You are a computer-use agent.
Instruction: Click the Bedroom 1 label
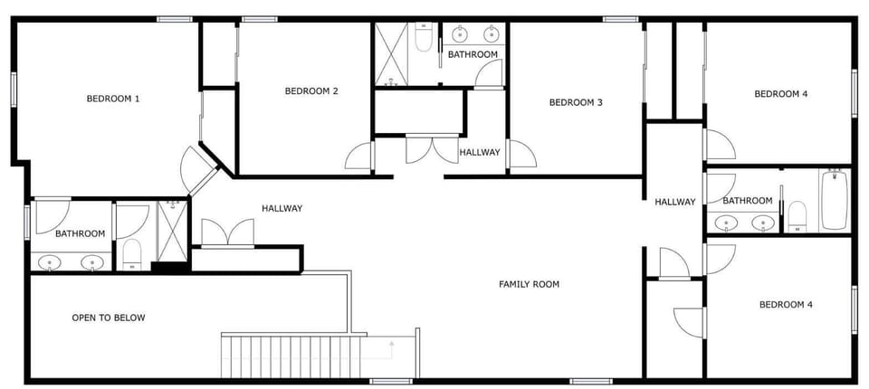pos(113,99)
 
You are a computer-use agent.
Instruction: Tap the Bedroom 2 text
pos(311,90)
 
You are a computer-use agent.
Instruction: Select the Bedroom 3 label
pos(576,102)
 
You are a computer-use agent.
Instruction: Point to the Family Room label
pos(530,284)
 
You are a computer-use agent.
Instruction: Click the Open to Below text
pos(109,318)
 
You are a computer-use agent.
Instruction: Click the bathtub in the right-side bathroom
pos(834,200)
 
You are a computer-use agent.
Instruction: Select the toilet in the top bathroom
pos(424,38)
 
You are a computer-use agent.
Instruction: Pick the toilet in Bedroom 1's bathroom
pos(132,254)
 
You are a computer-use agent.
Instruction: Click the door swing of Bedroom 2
pos(358,156)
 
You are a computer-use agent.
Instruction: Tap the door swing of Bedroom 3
pos(522,153)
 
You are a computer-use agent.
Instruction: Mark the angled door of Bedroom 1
pos(196,169)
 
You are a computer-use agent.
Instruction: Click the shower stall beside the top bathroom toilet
pos(391,54)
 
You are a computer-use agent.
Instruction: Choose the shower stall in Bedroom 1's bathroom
pos(172,231)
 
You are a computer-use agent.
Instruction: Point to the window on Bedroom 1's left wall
pos(14,90)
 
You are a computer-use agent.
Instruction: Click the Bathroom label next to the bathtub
pos(748,201)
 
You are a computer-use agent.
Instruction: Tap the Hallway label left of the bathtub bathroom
pos(675,203)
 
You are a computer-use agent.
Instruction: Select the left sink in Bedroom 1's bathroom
pos(51,262)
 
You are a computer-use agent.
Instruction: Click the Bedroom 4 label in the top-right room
pos(781,94)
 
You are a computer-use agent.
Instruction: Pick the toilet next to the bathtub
pos(797,216)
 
